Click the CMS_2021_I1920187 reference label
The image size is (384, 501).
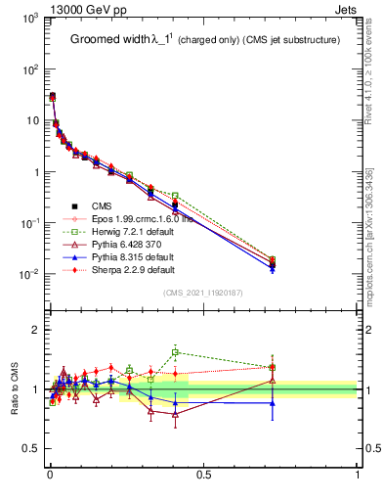202,293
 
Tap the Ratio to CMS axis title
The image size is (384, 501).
15,389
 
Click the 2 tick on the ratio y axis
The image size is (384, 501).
34,330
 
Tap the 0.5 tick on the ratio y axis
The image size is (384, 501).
31,449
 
